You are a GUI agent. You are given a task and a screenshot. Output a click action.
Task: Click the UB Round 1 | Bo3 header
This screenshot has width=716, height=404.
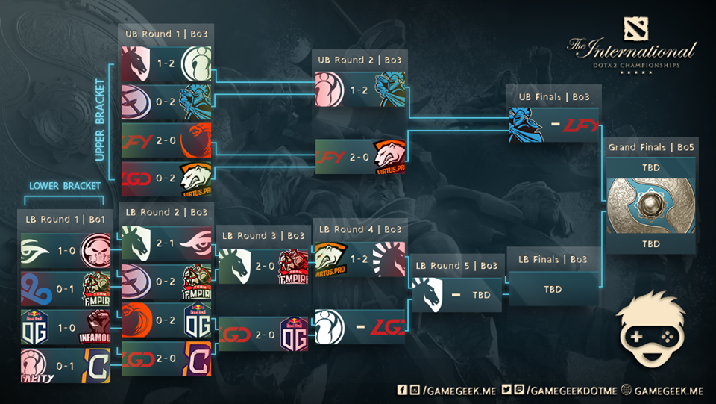click(x=166, y=34)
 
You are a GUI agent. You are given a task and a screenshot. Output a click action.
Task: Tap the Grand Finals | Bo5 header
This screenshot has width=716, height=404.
click(x=650, y=147)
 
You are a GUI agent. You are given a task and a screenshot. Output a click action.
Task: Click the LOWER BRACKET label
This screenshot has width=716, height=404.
click(x=65, y=185)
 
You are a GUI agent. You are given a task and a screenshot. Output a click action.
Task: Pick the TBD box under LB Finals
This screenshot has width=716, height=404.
click(x=552, y=288)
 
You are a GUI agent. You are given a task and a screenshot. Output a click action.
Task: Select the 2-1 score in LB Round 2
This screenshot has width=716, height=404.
click(x=166, y=243)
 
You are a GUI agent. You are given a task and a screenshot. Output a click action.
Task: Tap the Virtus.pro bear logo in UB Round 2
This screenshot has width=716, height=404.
click(x=388, y=156)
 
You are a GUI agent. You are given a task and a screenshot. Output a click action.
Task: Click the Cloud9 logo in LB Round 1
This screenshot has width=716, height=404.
click(x=36, y=289)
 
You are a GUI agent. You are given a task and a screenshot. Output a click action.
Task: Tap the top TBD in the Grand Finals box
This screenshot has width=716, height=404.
click(x=650, y=167)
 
